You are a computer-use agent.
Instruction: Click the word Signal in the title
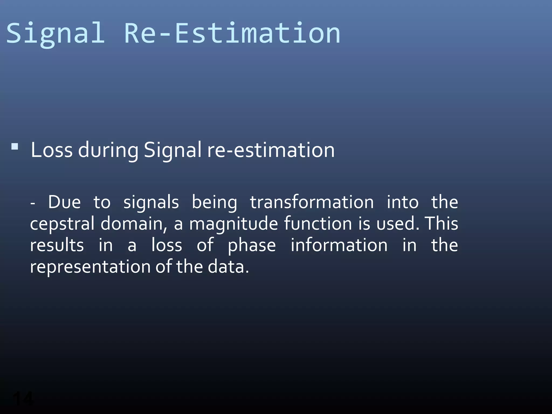(x=55, y=34)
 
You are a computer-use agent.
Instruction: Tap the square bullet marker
(x=15, y=147)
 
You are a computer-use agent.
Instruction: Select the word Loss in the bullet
(x=51, y=150)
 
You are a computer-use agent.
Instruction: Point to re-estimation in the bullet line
(x=271, y=150)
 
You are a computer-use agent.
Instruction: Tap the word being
(x=215, y=203)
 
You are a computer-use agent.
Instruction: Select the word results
(x=57, y=245)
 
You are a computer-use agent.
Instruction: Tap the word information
(x=339, y=245)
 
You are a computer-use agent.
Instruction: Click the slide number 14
(x=23, y=399)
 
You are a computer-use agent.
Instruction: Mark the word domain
(x=134, y=224)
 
